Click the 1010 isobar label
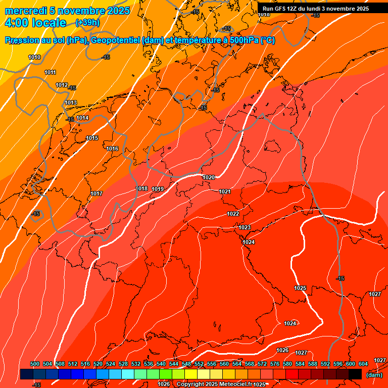[x=34, y=57]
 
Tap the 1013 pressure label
[x=71, y=103]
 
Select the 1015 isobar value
[x=92, y=138]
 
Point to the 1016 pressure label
[x=112, y=149]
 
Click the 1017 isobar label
[x=97, y=193]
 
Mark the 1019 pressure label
[x=158, y=189]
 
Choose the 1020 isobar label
[x=209, y=177]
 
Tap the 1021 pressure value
[x=225, y=191]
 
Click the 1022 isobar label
[x=233, y=214]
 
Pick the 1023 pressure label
[x=245, y=227]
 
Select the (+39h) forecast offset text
[x=87, y=23]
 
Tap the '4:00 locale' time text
[x=35, y=23]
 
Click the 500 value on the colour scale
[x=35, y=364]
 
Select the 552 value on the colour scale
[x=199, y=364]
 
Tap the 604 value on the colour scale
[x=363, y=364]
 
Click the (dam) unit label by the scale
[x=374, y=375]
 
